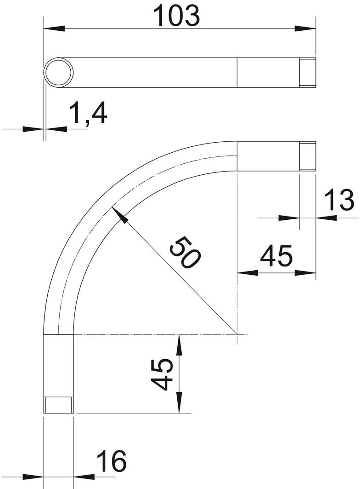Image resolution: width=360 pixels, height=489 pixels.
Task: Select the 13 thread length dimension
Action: (x=339, y=200)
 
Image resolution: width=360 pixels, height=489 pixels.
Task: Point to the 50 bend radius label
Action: (x=185, y=252)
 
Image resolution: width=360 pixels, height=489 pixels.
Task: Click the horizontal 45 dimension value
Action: (x=276, y=256)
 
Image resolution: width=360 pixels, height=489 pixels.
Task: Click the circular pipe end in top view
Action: (x=58, y=72)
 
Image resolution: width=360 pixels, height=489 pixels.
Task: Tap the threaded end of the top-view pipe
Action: (x=308, y=72)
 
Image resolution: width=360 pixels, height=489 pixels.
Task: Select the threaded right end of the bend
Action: (x=308, y=156)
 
